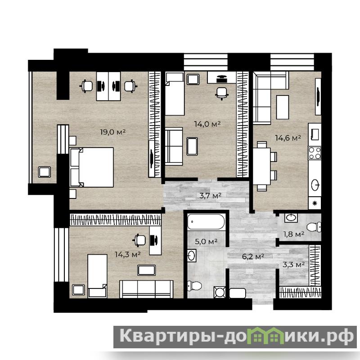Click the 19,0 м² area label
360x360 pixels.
pyautogui.click(x=113, y=132)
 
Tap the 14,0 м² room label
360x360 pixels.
pyautogui.click(x=207, y=124)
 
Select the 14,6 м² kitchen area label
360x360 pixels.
pyautogui.click(x=288, y=138)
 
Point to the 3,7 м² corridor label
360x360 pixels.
pyautogui.click(x=210, y=196)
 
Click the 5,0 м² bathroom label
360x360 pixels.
pyautogui.click(x=206, y=242)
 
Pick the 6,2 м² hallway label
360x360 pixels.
pyautogui.click(x=253, y=256)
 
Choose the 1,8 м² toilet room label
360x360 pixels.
pyautogui.click(x=294, y=234)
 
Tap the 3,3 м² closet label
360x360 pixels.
pyautogui.click(x=294, y=265)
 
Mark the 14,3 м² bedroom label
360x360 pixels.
pyautogui.click(x=128, y=254)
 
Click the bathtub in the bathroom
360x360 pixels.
pyautogui.click(x=206, y=221)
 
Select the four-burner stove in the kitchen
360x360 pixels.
pyautogui.click(x=315, y=153)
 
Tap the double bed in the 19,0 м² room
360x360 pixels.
pyautogui.click(x=92, y=167)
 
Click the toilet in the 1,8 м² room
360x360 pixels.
pyautogui.click(x=314, y=227)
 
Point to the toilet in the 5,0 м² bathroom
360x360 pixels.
pyautogui.click(x=194, y=286)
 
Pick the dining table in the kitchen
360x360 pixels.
pyautogui.click(x=262, y=166)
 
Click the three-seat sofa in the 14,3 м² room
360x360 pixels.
pyautogui.click(x=146, y=289)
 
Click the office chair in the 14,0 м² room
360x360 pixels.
pyautogui.click(x=222, y=93)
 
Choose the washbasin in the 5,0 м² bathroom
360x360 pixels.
pyautogui.click(x=192, y=255)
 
